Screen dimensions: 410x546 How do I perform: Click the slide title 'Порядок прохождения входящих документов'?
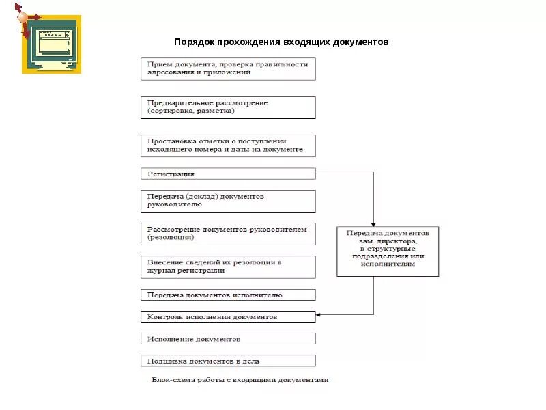click(281, 42)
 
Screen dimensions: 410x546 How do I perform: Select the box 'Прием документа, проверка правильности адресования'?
click(228, 68)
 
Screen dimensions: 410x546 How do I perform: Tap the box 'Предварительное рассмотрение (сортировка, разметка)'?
click(228, 107)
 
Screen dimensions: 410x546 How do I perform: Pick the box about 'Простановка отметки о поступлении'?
click(228, 145)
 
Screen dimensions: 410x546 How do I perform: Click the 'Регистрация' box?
click(228, 174)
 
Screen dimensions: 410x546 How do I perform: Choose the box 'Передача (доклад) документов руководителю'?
click(228, 200)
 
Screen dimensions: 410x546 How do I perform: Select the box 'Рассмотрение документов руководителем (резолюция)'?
click(228, 234)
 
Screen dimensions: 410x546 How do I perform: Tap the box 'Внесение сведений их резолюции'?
click(228, 266)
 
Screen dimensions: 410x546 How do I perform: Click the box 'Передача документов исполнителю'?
click(228, 295)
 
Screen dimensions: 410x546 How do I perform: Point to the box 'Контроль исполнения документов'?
click(228, 317)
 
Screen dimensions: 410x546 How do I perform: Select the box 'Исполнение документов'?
click(228, 338)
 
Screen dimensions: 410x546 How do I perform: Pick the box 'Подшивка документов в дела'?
click(228, 360)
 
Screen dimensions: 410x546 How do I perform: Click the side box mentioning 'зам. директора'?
click(388, 251)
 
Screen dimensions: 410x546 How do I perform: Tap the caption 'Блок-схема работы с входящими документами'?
click(240, 380)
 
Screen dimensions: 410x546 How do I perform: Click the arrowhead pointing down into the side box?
click(373, 223)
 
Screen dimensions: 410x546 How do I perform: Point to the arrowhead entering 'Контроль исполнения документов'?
click(319, 314)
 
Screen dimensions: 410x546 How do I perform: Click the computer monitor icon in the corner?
click(52, 45)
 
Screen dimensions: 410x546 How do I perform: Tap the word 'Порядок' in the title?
click(194, 42)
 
